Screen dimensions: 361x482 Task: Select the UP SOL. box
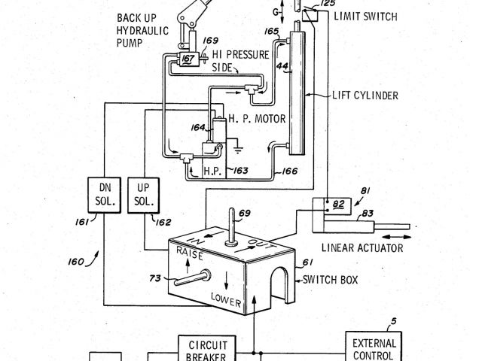tap(144, 194)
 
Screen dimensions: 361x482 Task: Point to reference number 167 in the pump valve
tap(188, 58)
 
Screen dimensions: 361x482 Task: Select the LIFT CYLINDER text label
tap(365, 96)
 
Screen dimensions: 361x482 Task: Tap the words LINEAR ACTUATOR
tap(361, 247)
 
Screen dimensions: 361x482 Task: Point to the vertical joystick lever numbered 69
tap(231, 229)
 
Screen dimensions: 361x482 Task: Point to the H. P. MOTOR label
tap(260, 119)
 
